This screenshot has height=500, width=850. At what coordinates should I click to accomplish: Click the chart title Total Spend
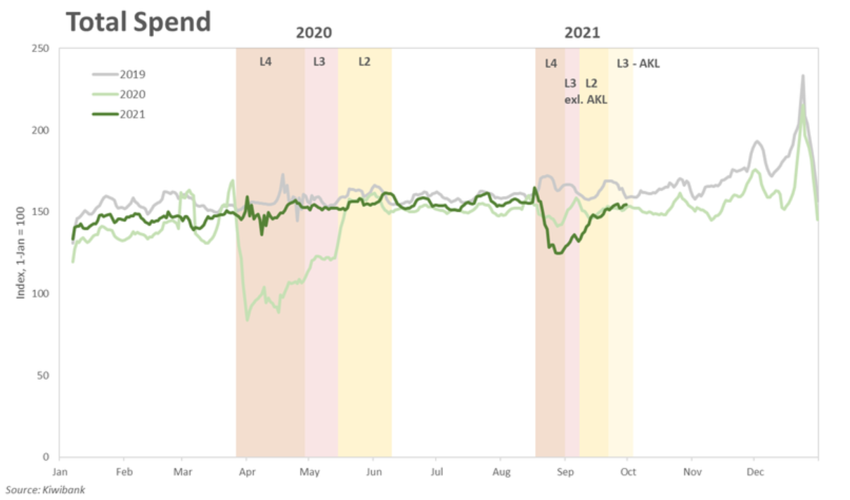coord(139,22)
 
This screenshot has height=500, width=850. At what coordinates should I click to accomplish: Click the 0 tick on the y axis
coord(46,457)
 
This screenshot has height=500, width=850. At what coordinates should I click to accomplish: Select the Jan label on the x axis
coord(60,471)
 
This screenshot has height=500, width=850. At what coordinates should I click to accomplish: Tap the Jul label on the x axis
coord(437,471)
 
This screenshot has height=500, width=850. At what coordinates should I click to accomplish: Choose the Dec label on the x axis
coord(754,471)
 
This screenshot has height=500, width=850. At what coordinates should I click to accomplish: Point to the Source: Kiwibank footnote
coord(45,489)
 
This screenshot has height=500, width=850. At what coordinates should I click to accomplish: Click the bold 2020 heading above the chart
coord(314,33)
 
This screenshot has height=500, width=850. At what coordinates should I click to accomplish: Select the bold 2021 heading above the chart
coord(582,33)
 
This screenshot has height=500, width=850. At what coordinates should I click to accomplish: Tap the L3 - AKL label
coord(638,63)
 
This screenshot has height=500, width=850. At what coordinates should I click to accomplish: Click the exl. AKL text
coord(586,99)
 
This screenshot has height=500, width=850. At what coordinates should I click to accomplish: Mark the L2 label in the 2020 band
coord(364,61)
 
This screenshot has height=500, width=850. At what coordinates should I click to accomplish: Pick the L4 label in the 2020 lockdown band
coord(265,61)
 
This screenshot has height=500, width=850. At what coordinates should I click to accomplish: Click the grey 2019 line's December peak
coord(802,76)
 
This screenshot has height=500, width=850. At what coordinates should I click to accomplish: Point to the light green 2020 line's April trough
coord(247,320)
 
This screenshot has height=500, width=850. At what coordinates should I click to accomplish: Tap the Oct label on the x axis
coord(628,471)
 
